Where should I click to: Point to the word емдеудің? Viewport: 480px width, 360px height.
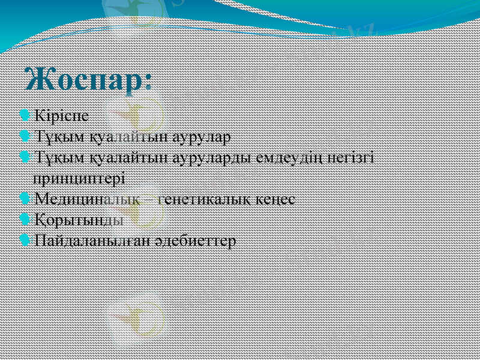pyautogui.click(x=286, y=158)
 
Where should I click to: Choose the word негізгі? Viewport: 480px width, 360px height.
pyautogui.click(x=349, y=158)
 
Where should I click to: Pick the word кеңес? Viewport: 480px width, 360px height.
pyautogui.click(x=277, y=199)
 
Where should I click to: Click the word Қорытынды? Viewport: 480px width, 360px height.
pyautogui.click(x=79, y=220)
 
